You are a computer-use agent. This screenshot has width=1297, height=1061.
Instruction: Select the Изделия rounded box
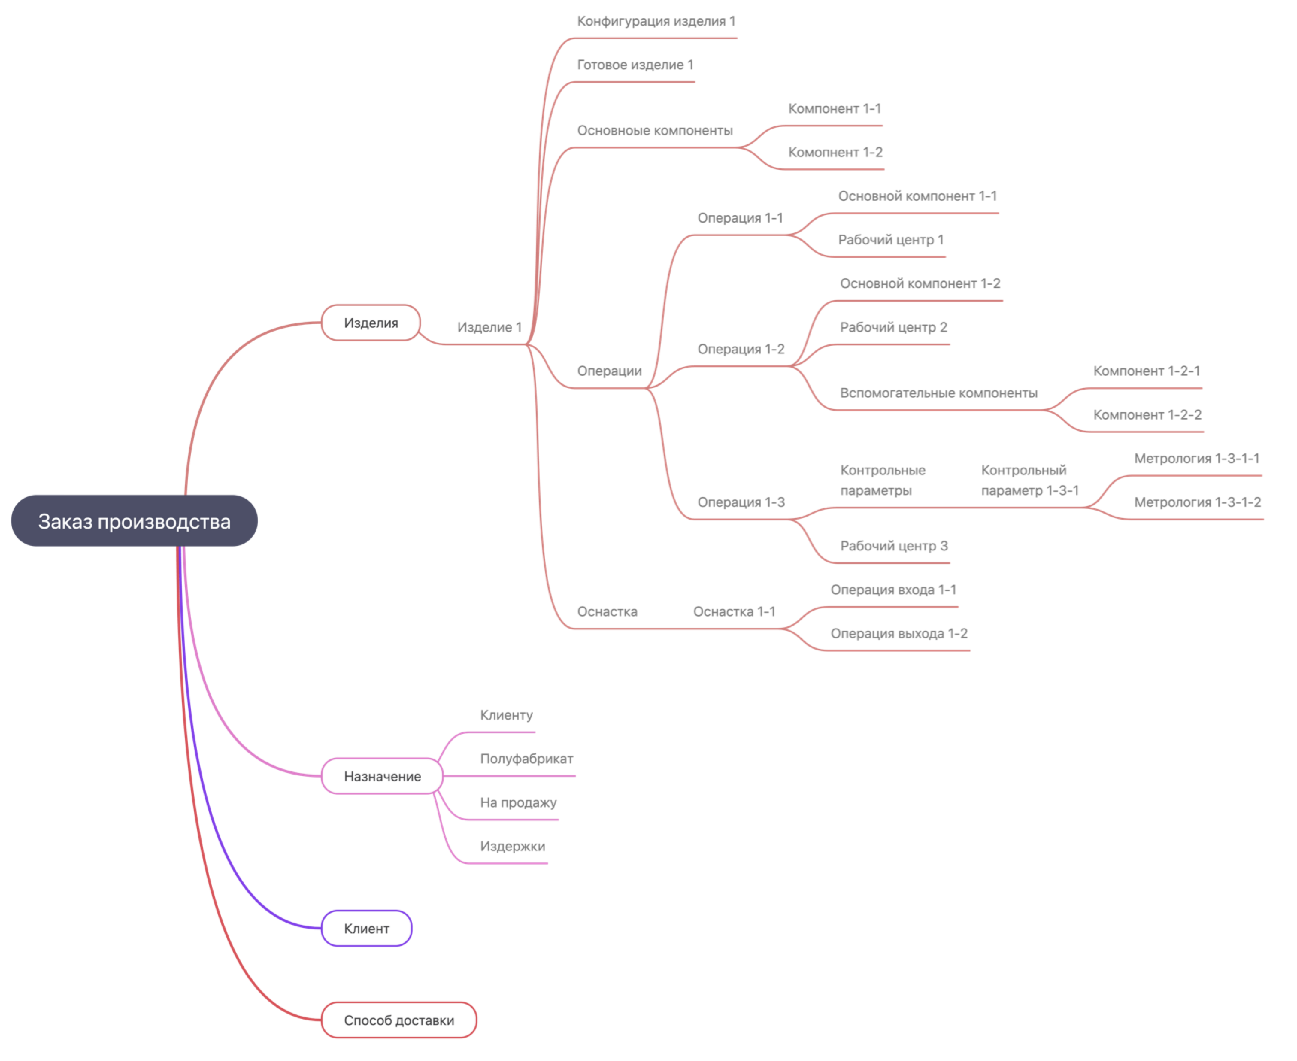point(370,323)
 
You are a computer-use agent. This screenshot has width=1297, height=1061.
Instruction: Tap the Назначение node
point(382,776)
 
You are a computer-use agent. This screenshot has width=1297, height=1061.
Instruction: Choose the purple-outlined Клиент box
point(366,928)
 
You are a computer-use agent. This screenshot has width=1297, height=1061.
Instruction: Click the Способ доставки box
point(398,1020)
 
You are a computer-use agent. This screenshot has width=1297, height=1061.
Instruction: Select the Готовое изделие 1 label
point(635,65)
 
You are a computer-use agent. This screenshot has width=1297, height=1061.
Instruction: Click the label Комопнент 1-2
point(835,152)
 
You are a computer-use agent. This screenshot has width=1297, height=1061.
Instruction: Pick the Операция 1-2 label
point(741,349)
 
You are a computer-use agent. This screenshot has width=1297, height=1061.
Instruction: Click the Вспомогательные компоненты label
point(938,393)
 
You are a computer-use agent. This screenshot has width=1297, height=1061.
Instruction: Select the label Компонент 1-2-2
point(1147,414)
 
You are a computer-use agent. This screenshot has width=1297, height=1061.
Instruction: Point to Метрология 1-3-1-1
point(1196,458)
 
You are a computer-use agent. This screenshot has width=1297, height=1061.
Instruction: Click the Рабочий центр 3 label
point(894,546)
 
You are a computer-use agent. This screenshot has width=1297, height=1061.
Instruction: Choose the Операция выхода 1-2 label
point(899,633)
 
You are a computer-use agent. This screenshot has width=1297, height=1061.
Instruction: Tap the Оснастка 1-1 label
point(733,611)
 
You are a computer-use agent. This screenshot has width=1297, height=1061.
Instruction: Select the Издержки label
point(512,846)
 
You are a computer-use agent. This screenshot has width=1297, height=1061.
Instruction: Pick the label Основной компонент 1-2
point(920,283)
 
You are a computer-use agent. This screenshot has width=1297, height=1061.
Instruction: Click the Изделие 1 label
point(489,327)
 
